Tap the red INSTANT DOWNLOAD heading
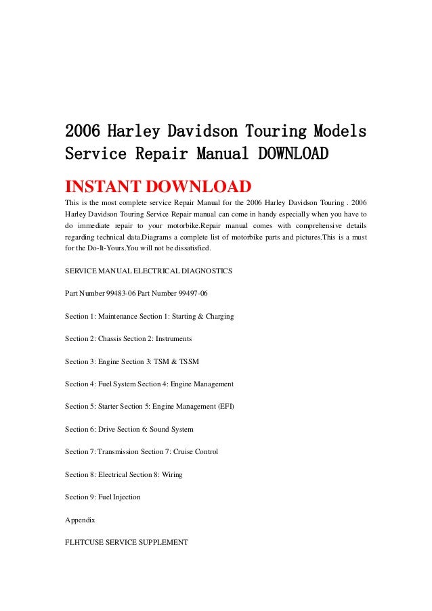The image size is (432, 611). coord(158,186)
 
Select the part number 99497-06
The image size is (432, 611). coord(193,293)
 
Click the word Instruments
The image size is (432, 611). coord(173,338)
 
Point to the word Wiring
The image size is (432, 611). coord(172,474)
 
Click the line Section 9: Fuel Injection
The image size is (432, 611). coord(103,497)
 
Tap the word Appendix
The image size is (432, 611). coord(80,520)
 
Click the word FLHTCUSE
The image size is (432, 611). coord(85,542)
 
